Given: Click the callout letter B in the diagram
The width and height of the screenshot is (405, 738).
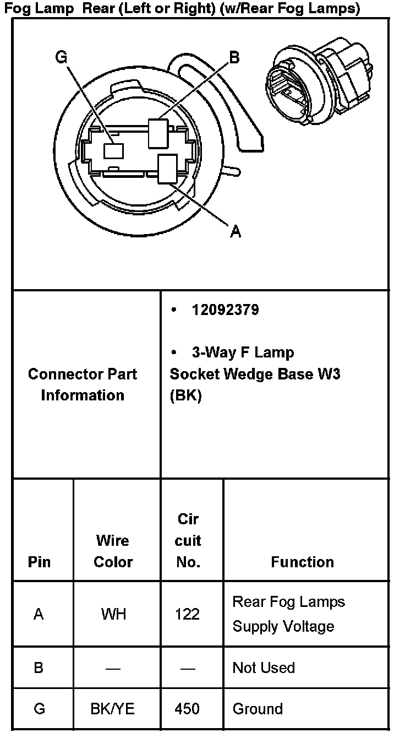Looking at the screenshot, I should (x=234, y=57).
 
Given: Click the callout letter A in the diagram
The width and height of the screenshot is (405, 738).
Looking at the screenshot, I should (x=236, y=232).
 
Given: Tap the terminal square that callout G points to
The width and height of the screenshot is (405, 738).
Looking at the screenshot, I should (x=114, y=150).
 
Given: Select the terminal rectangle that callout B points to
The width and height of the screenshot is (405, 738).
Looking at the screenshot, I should (x=158, y=134).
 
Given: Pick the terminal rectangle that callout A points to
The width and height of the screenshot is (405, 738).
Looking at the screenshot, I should (x=167, y=169).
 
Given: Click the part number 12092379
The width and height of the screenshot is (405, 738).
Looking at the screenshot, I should (x=225, y=310).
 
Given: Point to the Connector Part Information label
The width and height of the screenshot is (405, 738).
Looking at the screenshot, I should (x=83, y=384).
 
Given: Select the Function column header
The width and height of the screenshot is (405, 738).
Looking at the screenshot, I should (x=302, y=562).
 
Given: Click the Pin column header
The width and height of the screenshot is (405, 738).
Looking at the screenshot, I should (x=39, y=562).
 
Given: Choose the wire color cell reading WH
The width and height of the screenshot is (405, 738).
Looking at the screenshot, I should (x=113, y=614).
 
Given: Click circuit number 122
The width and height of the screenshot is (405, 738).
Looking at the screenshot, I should (x=187, y=614).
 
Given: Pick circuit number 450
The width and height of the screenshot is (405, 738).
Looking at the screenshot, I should (x=187, y=709).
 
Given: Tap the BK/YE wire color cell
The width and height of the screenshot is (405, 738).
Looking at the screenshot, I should (x=112, y=709).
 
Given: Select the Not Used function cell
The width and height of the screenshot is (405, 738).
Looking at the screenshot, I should (x=264, y=668).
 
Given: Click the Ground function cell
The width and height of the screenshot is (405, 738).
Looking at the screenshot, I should (x=258, y=709).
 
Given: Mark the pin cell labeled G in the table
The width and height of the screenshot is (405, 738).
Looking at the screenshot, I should (x=39, y=709).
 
